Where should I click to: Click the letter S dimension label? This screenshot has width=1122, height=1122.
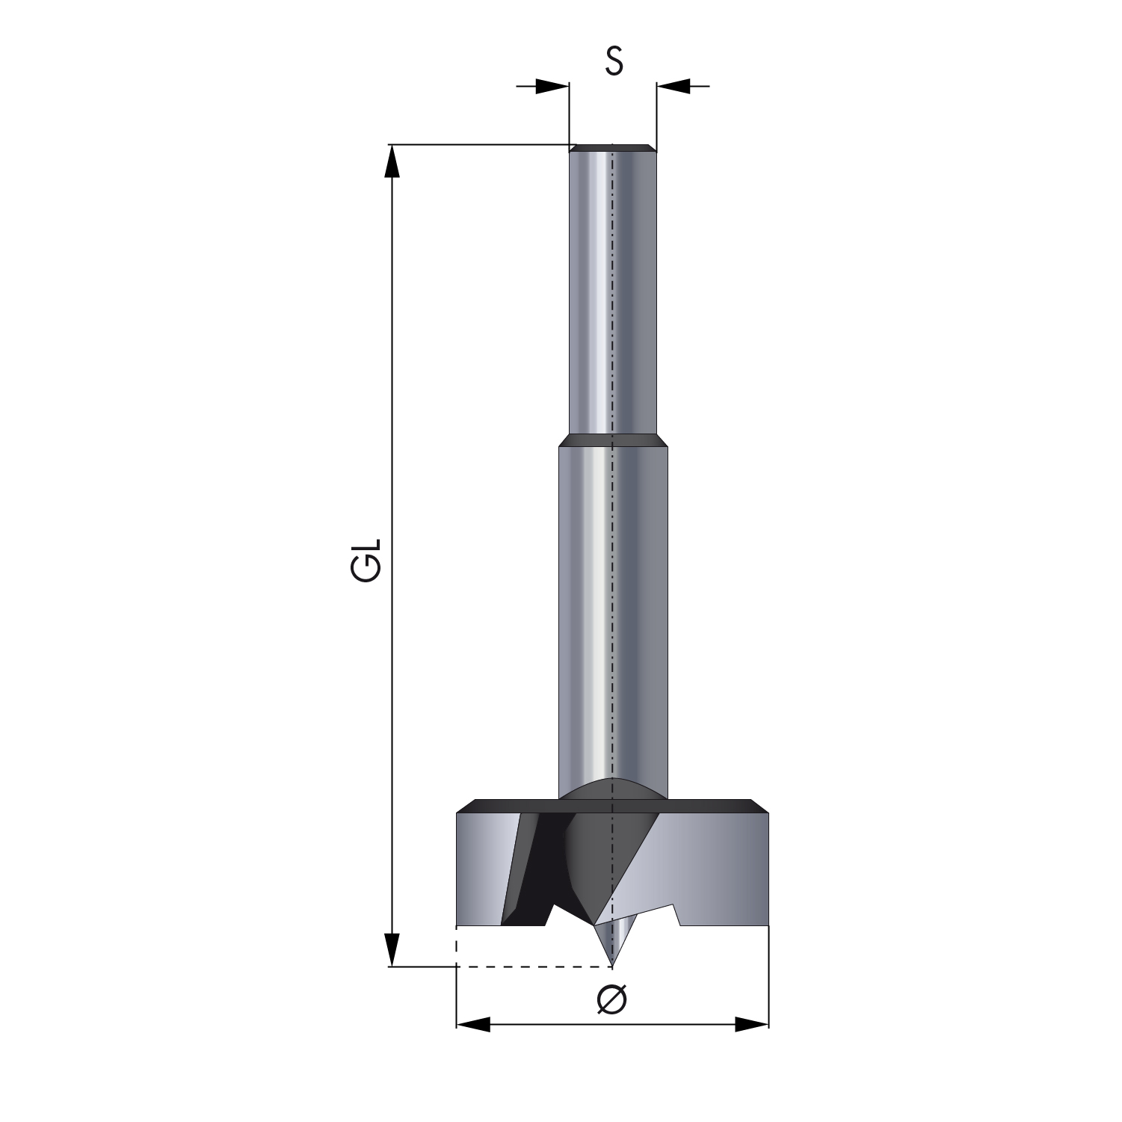click(614, 61)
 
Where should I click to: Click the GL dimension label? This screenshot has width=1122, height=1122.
click(366, 559)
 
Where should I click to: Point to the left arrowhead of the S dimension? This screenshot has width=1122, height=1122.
click(553, 87)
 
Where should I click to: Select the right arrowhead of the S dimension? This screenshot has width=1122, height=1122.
click(673, 87)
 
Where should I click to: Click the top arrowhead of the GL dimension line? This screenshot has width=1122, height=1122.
click(390, 161)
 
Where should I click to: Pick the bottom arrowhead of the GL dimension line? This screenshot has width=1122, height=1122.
click(390, 949)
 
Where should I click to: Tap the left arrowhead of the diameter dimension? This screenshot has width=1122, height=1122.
click(473, 1024)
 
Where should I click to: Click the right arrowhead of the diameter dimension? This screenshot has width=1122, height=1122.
click(751, 1024)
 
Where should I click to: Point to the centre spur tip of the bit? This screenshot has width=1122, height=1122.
click(612, 964)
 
